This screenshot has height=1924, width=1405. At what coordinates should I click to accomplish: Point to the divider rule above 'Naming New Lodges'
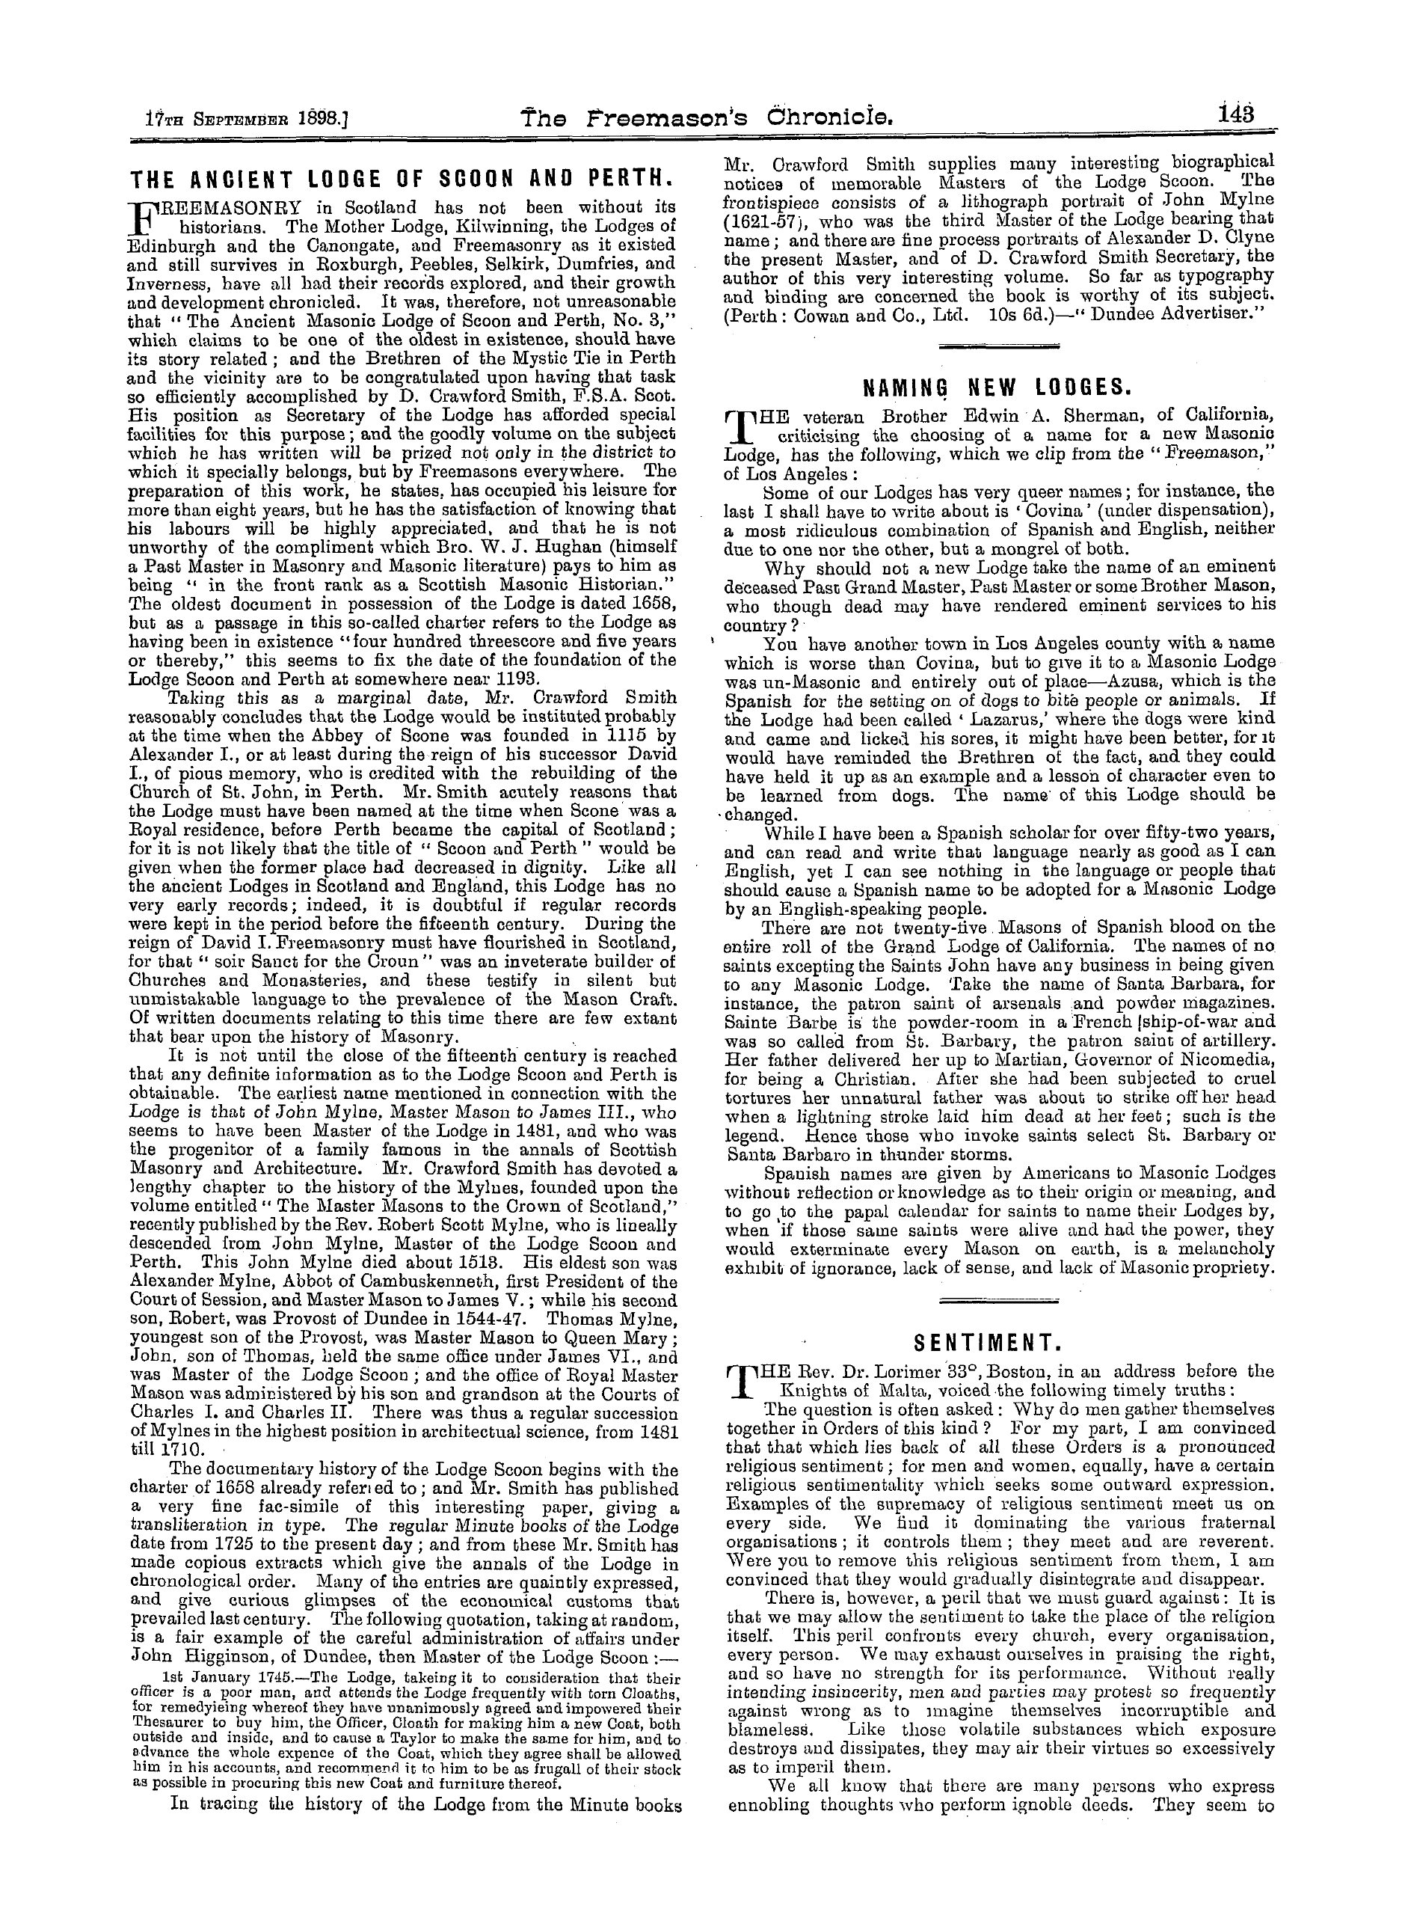[998, 346]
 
